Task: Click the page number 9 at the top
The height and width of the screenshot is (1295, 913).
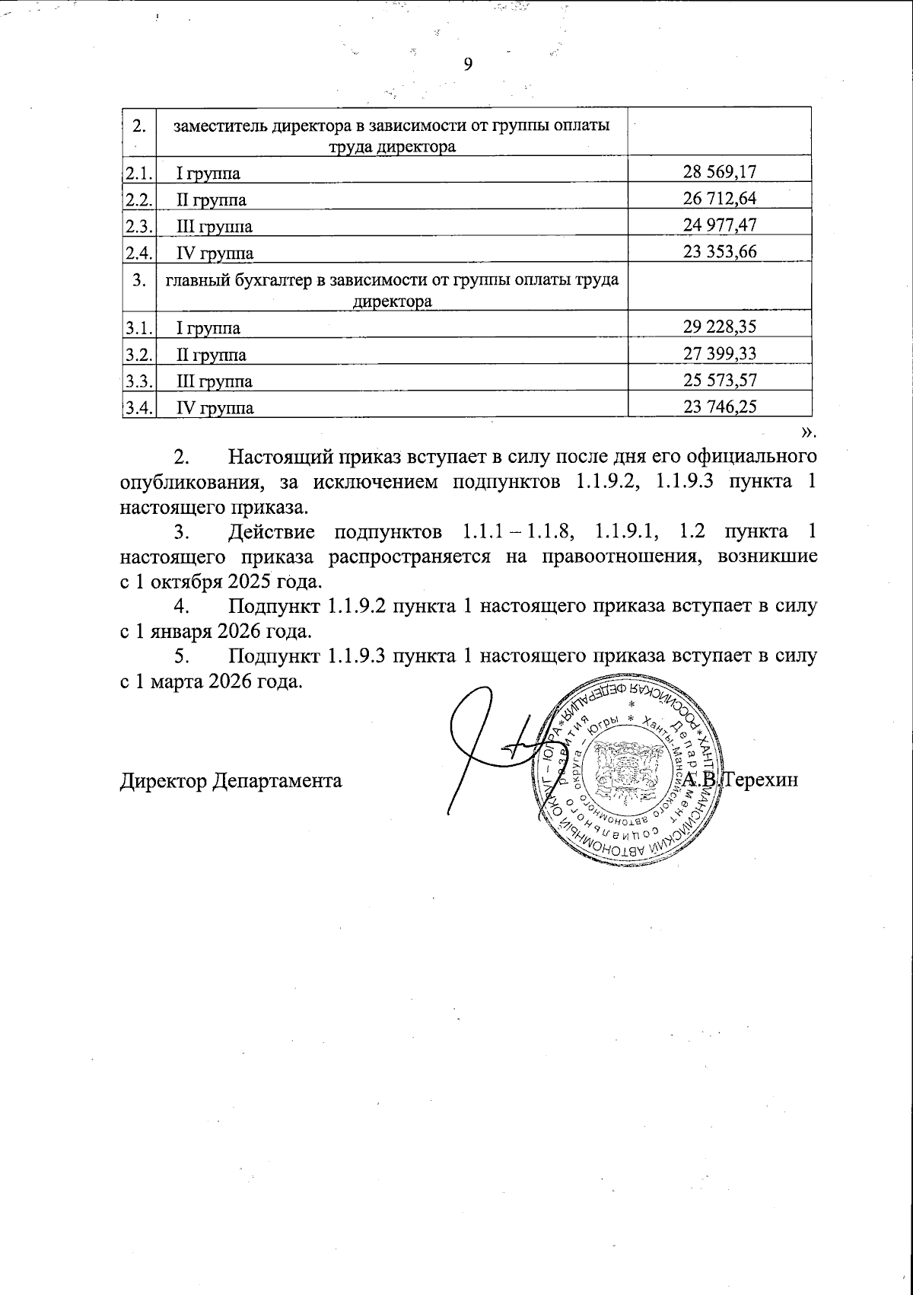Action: tap(468, 64)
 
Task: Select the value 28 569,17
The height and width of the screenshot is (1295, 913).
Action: tap(719, 173)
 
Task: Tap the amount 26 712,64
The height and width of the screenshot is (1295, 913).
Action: tap(719, 199)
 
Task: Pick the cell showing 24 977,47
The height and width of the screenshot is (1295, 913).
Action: tap(719, 225)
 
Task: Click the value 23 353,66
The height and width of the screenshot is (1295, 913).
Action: tap(719, 251)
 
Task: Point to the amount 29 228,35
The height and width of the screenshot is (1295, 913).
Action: tap(719, 327)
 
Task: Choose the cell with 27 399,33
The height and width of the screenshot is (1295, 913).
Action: tap(719, 353)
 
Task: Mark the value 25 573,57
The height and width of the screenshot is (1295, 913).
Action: tap(719, 379)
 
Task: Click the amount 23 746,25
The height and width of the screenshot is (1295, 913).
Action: tap(719, 406)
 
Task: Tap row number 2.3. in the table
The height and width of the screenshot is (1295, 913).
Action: tap(138, 225)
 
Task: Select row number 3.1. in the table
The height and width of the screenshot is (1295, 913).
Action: tap(138, 328)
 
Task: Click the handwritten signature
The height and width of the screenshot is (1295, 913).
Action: tap(487, 746)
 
